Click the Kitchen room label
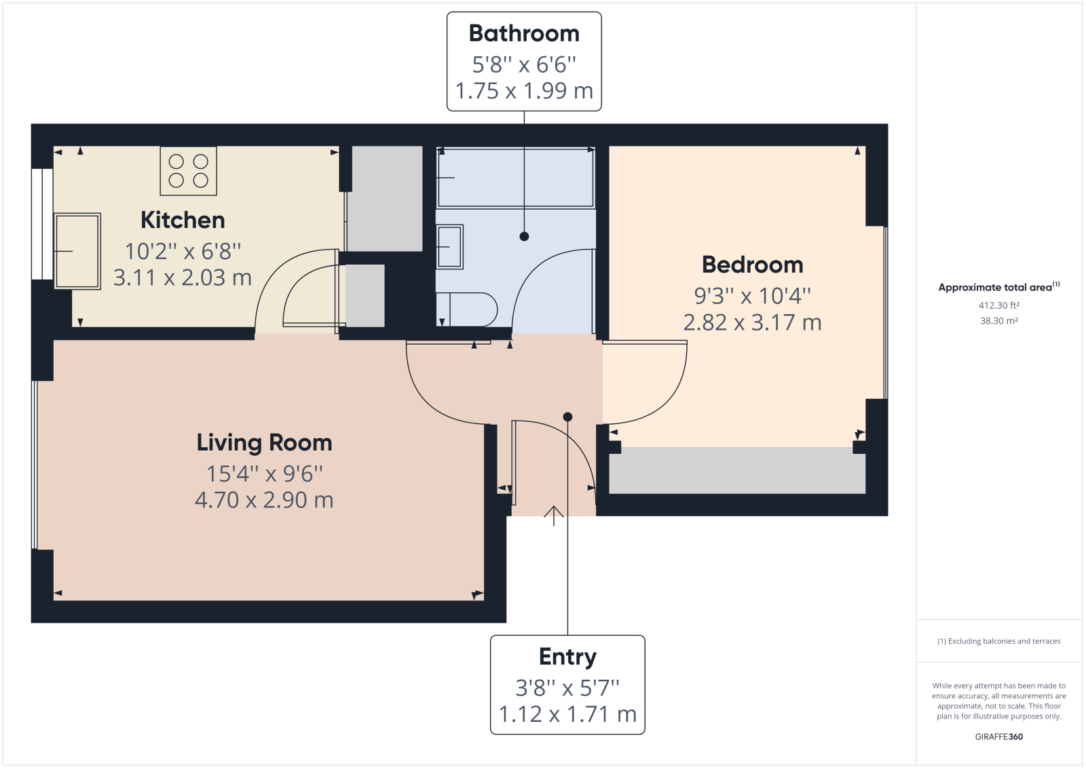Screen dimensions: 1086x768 pos(183,220)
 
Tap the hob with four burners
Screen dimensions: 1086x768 pos(189,171)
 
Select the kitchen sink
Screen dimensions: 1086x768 pos(77,251)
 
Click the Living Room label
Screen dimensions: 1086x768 pos(264,442)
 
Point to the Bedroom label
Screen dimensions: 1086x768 pos(753,265)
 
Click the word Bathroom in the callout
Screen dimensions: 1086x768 pos(524,33)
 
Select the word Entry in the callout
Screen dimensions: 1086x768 pos(567,657)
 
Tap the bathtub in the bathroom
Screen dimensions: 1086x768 pos(516,178)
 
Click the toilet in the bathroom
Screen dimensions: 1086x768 pos(467,309)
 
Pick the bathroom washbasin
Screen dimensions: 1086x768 pos(450,247)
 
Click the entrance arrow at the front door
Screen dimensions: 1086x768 pos(554,516)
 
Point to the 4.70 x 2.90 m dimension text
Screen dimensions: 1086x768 pos(264,500)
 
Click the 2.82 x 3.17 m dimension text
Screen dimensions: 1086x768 pos(753,322)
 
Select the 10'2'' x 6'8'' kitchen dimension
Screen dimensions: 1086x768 pos(183,252)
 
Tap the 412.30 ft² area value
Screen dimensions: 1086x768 pos(998,305)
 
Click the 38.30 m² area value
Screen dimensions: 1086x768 pos(998,321)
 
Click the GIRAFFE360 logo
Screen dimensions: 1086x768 pos(998,737)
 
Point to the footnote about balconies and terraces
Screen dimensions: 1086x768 pos(998,641)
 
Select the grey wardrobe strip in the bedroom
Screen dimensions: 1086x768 pos(737,470)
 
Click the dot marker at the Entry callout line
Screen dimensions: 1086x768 pos(567,417)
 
